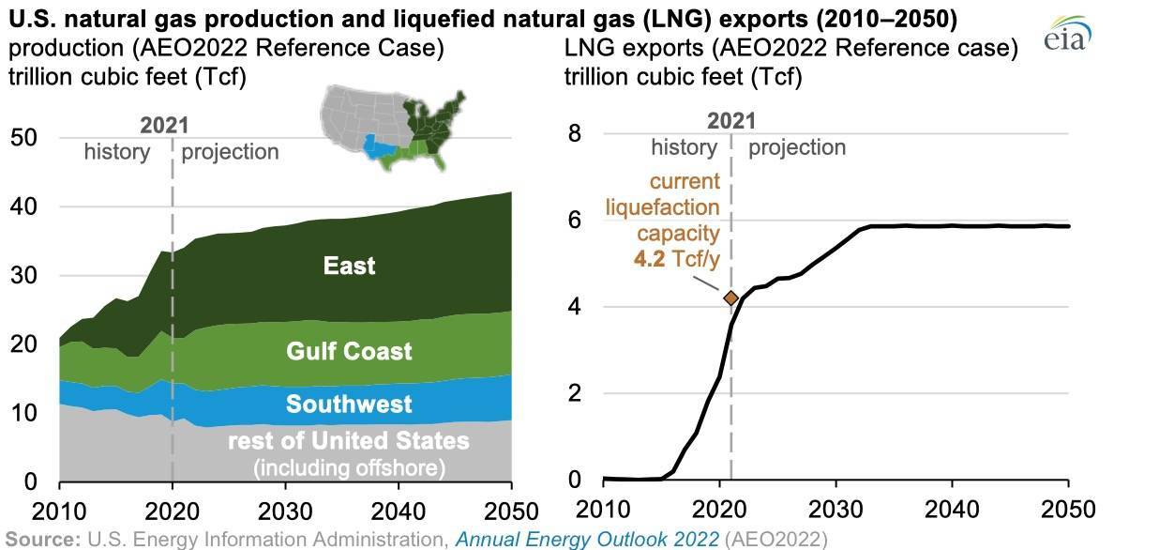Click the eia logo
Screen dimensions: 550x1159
(x=1065, y=38)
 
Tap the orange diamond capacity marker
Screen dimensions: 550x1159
(x=731, y=298)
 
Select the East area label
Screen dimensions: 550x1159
(x=349, y=266)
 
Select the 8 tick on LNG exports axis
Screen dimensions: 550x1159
(x=575, y=134)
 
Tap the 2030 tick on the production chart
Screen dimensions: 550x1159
(x=285, y=511)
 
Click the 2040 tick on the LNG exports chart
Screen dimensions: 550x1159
(x=952, y=509)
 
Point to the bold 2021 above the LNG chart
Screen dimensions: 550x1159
(x=731, y=120)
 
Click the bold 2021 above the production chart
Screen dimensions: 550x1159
(x=164, y=125)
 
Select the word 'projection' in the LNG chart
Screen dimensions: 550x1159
(x=796, y=147)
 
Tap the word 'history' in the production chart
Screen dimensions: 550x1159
(x=116, y=152)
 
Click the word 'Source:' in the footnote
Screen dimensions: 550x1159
(x=43, y=540)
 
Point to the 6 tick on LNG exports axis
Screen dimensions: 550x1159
(x=575, y=221)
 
